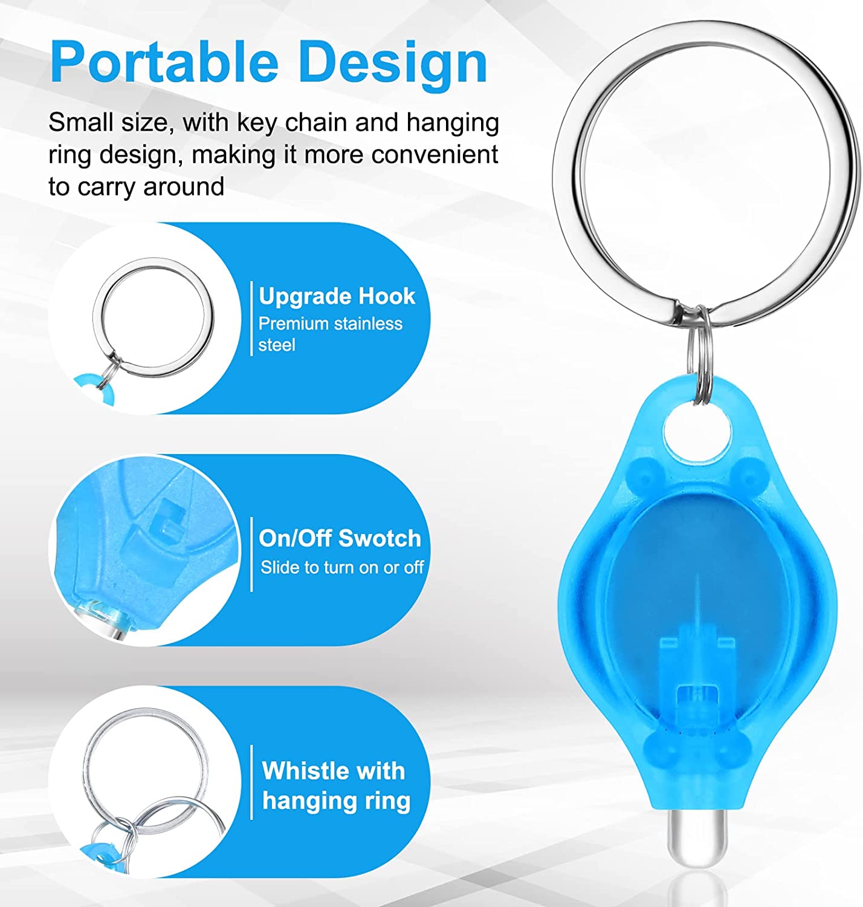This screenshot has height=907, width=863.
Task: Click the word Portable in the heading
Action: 164,61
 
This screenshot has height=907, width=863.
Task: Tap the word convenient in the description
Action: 435,154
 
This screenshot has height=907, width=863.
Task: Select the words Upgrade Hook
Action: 337,296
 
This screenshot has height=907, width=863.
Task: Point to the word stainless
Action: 364,324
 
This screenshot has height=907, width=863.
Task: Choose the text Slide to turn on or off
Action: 342,567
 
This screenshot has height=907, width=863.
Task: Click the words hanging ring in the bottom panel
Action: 336,801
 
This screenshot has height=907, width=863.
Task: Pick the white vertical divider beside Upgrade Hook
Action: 251,318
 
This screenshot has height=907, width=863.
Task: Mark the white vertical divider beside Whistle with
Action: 251,782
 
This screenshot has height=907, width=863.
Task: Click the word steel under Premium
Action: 277,345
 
